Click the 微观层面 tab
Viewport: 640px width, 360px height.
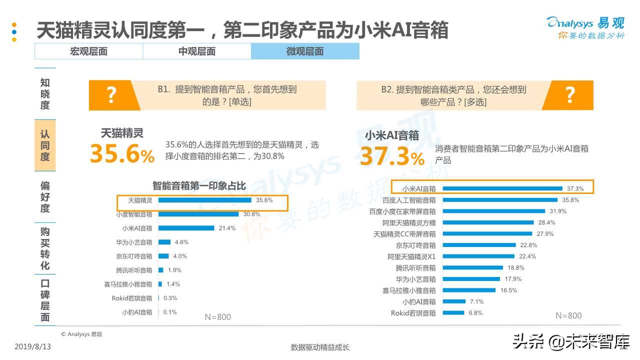tap(305, 51)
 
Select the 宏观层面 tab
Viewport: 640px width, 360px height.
tap(88, 51)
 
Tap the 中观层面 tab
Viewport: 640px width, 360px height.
tap(197, 51)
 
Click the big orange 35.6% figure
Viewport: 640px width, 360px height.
tap(122, 154)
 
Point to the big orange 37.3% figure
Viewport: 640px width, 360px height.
tap(392, 156)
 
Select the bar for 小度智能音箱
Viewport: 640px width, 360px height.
tap(199, 214)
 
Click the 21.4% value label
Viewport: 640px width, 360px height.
tap(227, 228)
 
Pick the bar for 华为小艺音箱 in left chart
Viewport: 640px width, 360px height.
tap(164, 242)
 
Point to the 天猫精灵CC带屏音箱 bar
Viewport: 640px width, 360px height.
tap(487, 233)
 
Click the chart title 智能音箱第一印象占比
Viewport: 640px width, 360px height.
tap(199, 186)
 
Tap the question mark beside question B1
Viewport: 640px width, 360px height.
tap(111, 95)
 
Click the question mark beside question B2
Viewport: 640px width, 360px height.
tap(570, 95)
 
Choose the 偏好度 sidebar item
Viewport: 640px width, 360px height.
tap(45, 197)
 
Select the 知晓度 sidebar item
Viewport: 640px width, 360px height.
tap(45, 94)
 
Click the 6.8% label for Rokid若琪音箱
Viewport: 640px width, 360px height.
tap(475, 313)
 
